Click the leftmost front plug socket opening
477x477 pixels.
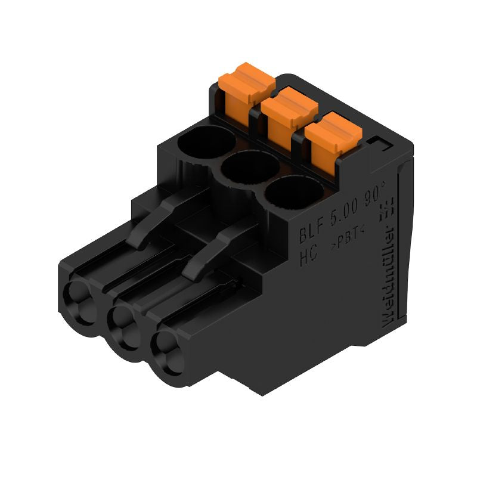(x=80, y=299)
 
